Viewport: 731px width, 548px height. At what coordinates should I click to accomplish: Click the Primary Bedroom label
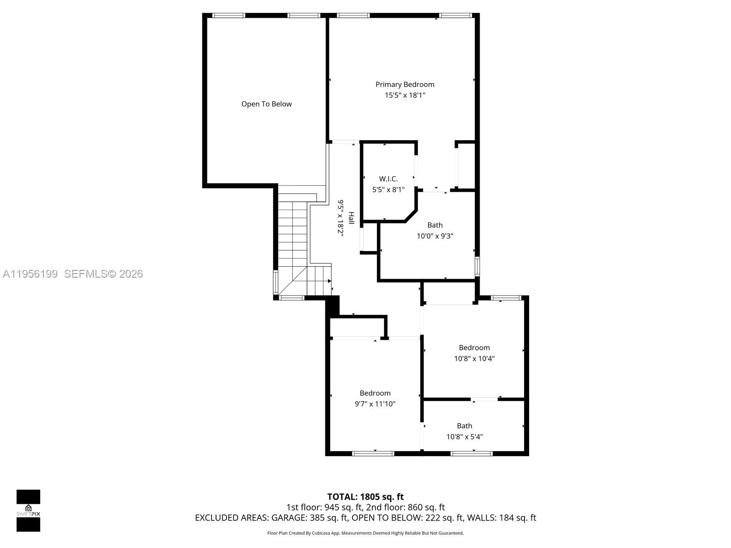405,84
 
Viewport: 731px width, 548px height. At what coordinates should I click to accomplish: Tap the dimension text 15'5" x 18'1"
405,95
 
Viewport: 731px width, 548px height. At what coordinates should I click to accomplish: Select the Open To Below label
266,104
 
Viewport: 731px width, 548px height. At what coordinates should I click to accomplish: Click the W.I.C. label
388,179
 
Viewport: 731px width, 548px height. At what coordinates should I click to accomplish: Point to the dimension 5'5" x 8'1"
388,190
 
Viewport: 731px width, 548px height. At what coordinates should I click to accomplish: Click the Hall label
351,218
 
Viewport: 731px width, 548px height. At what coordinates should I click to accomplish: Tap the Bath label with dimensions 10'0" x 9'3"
435,225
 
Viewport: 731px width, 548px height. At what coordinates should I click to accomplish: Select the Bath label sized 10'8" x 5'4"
464,426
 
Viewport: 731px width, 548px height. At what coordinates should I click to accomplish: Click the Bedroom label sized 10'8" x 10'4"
474,348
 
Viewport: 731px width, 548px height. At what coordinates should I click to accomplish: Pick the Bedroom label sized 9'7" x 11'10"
375,393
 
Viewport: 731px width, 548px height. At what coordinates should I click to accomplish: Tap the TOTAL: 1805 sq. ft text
365,497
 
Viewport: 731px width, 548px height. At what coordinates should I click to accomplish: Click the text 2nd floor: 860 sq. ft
405,507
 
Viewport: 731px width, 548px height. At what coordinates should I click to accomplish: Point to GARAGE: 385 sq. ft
310,518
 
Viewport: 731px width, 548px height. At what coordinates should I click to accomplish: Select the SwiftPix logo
28,511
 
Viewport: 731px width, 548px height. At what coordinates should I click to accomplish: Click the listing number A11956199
30,274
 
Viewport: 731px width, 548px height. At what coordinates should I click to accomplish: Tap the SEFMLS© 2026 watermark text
104,274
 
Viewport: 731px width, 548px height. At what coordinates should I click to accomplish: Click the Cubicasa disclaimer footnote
365,533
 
